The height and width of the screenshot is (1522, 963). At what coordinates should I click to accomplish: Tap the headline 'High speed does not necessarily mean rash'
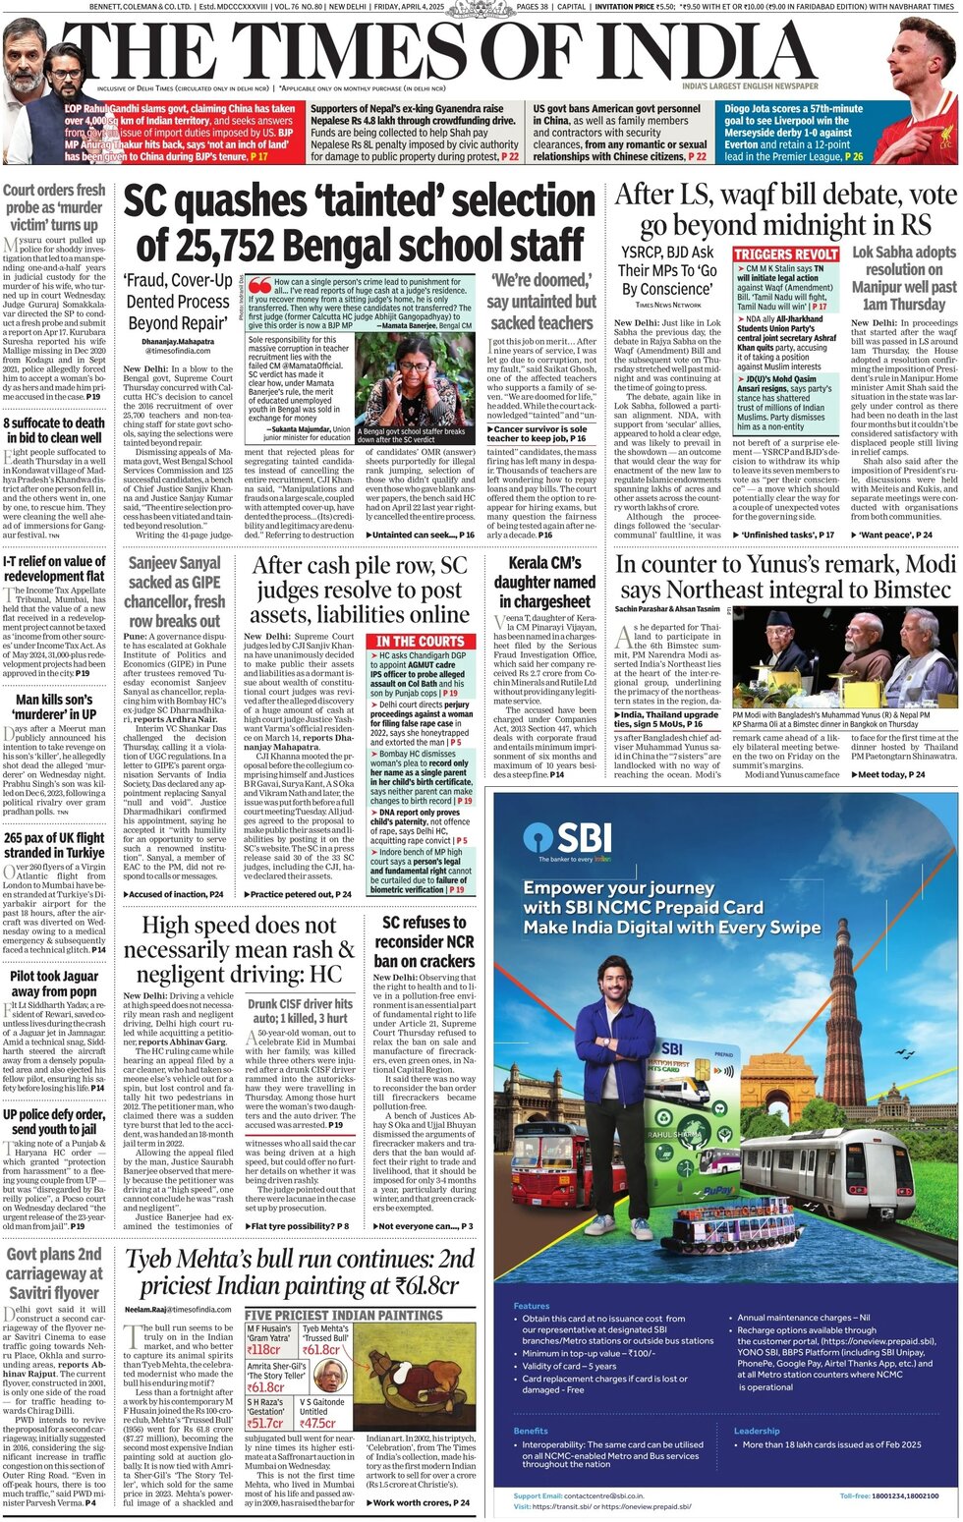(242, 949)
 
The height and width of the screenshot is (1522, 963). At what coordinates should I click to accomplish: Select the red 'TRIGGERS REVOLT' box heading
(786, 254)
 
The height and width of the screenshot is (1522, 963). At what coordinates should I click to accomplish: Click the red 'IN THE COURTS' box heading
(420, 641)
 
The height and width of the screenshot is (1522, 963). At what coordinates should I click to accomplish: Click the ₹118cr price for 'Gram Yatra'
(264, 1350)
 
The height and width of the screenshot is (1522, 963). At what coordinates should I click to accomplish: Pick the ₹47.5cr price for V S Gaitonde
(318, 1422)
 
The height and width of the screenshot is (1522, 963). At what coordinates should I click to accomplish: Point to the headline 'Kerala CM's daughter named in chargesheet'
(543, 582)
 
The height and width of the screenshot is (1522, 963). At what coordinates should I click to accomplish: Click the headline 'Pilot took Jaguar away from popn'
(53, 984)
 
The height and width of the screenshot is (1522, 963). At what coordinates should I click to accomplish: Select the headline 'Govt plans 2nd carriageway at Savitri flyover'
(54, 1273)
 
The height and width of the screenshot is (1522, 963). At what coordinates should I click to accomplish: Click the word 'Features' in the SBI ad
(532, 1306)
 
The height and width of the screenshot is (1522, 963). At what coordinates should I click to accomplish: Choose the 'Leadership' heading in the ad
(757, 1431)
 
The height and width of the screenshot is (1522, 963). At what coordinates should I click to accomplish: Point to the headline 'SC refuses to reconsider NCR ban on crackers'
(425, 941)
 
